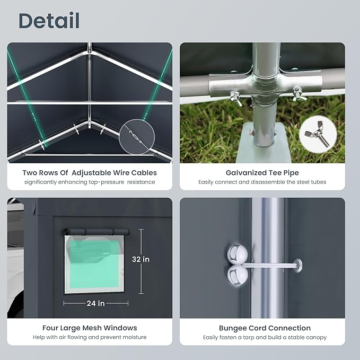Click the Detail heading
(49, 21)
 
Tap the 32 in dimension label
(141, 259)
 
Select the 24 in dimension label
(95, 303)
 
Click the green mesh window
(94, 264)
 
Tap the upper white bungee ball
(238, 254)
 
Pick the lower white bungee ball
(238, 275)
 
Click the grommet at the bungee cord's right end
(297, 265)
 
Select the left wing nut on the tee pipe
(236, 98)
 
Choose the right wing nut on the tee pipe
(298, 94)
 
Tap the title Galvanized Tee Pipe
(262, 173)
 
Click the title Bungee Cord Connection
(265, 328)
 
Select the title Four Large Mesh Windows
(90, 328)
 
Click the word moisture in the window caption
(135, 337)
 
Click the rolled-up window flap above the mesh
(96, 231)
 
